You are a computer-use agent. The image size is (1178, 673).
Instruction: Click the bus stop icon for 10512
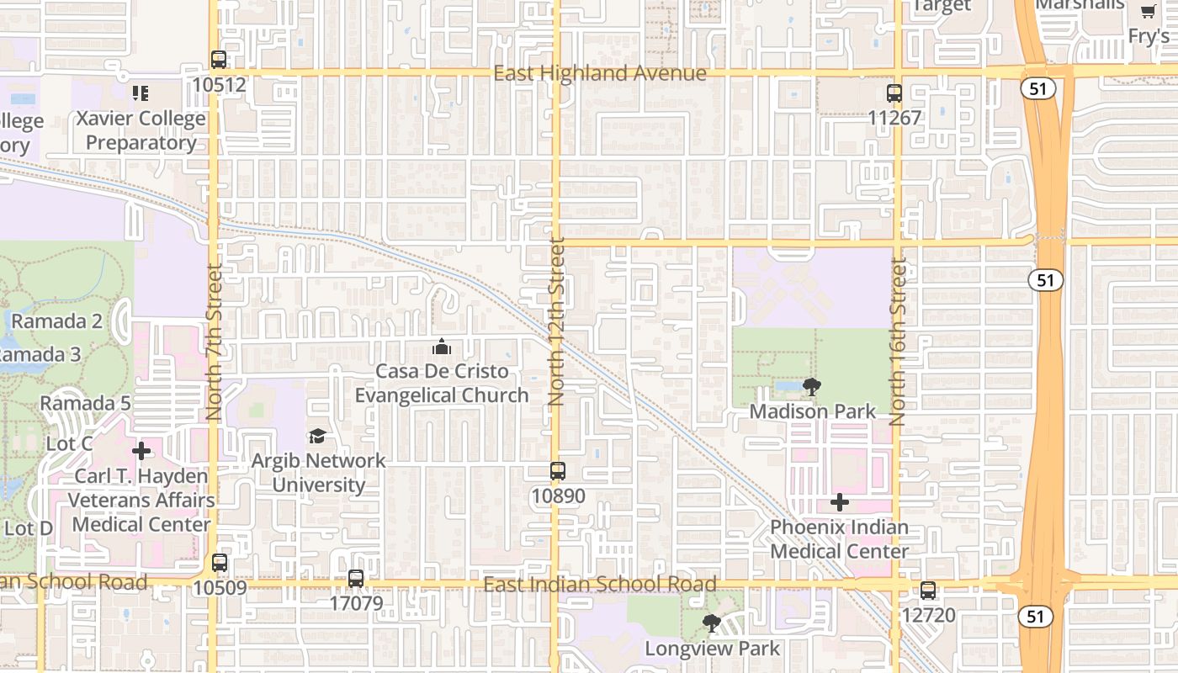click(x=219, y=60)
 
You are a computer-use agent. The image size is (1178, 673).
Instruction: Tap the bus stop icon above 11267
click(x=894, y=93)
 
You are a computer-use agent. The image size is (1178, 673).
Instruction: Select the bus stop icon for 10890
click(x=558, y=471)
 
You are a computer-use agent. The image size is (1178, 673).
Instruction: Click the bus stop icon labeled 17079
click(x=356, y=579)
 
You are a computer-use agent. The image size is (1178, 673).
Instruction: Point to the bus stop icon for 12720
click(x=928, y=591)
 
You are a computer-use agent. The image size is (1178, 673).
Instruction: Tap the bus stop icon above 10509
click(x=220, y=563)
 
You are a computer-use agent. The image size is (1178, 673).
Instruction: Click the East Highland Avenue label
click(x=600, y=74)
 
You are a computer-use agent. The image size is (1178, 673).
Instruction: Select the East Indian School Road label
click(x=600, y=585)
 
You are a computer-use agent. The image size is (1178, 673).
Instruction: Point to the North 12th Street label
click(x=557, y=322)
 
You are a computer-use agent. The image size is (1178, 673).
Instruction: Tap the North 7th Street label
click(x=214, y=342)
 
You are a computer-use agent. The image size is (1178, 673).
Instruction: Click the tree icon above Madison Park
click(x=812, y=387)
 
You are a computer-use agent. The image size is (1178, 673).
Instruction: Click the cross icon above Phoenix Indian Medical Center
click(x=839, y=503)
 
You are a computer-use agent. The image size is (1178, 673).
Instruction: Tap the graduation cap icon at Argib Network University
click(x=317, y=436)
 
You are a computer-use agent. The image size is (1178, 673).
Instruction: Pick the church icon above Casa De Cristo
click(x=442, y=347)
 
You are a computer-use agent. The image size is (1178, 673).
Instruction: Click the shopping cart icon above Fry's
click(x=1148, y=12)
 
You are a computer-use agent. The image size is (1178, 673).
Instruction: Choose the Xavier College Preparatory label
click(x=141, y=130)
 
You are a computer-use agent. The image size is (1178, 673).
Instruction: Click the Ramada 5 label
click(x=86, y=403)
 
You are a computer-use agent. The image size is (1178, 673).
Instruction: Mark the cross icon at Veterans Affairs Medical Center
click(x=141, y=452)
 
